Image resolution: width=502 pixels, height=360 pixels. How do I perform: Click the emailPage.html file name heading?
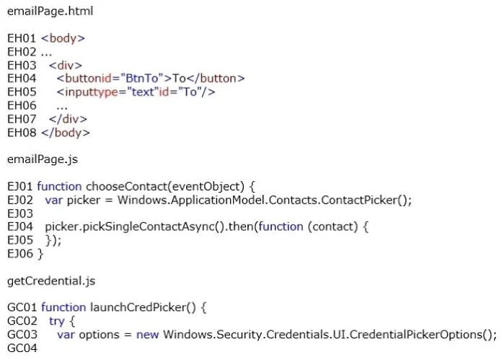50,12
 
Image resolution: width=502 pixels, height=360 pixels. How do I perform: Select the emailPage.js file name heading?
43,159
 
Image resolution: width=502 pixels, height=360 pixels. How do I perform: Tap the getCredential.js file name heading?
51,281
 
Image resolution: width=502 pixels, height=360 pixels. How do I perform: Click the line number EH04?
22,79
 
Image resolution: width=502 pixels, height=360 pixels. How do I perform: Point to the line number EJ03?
20,214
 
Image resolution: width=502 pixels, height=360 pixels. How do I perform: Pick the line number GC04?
22,348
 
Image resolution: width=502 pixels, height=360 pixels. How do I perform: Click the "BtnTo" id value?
142,79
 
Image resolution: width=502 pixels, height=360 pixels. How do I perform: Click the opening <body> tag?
63,38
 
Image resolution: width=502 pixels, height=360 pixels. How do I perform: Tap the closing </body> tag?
66,133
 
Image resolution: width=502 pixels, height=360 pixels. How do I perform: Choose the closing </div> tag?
68,119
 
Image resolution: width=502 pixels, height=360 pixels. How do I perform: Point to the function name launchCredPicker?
138,307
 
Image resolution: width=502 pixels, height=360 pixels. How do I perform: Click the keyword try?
57,321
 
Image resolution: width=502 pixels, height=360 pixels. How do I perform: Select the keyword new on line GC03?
148,335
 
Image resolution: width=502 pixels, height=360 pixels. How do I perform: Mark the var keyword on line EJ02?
54,201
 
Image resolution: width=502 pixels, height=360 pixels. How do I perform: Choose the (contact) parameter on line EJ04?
333,227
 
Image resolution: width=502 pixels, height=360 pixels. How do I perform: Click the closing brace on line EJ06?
40,254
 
